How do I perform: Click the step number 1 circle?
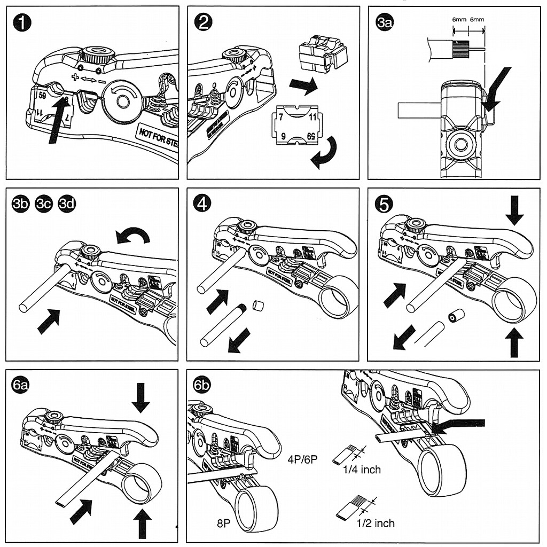pos(23,23)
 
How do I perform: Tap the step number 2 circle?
pos(203,23)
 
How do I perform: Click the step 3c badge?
pos(43,205)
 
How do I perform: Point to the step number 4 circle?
pos(203,204)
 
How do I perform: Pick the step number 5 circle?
pos(385,204)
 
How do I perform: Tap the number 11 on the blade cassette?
pos(313,116)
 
